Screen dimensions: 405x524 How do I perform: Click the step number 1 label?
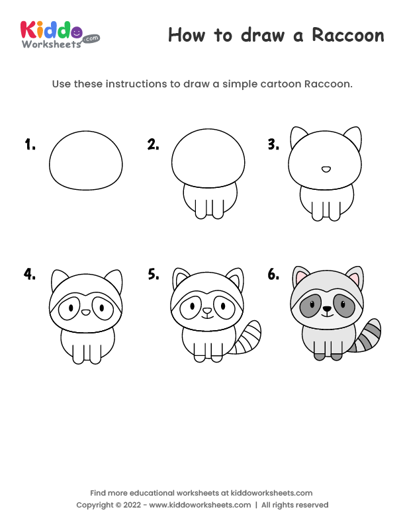tap(30, 144)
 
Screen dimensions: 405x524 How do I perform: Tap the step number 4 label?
tap(30, 274)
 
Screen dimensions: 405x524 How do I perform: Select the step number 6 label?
tap(273, 275)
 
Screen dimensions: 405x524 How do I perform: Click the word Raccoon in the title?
tap(348, 35)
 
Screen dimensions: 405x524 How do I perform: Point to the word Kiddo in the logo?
tap(51, 30)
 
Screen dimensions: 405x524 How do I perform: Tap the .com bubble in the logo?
tap(91, 38)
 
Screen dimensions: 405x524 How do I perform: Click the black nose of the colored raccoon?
tap(327, 309)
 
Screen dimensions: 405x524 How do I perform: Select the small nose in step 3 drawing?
tap(326, 169)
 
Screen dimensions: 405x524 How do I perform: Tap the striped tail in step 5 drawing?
tap(248, 337)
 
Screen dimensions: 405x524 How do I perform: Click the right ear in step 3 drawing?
tap(353, 138)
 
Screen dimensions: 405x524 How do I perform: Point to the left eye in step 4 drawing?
tap(71, 307)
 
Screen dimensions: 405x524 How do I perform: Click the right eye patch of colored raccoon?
tap(343, 306)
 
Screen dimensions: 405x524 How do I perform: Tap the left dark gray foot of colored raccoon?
tap(319, 356)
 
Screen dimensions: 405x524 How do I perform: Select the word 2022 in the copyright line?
tap(132, 505)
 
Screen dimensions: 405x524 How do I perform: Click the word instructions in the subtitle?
tap(136, 84)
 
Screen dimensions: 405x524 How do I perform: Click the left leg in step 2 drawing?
tap(201, 209)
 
